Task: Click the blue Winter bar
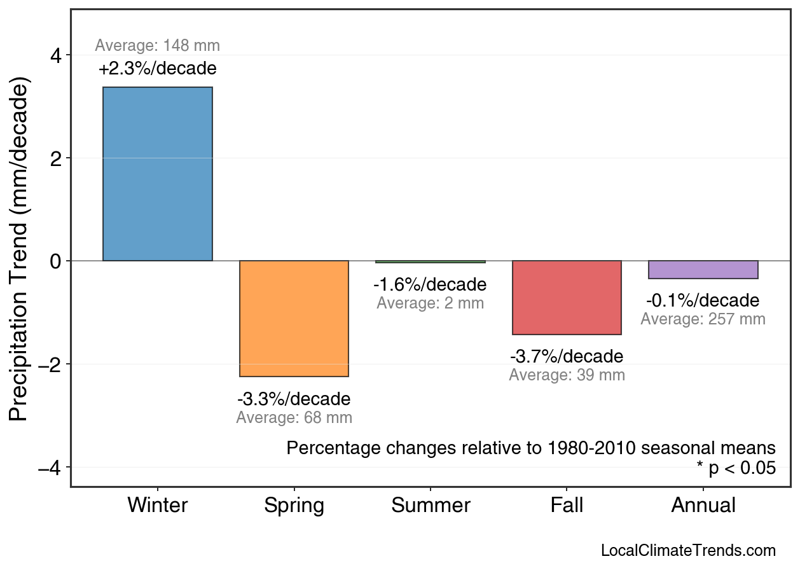157,174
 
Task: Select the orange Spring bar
294,319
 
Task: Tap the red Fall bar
567,298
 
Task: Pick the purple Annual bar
703,270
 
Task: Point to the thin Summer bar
431,261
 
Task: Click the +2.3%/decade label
157,69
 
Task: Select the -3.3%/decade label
294,399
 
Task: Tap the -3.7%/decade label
567,356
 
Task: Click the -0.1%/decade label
703,300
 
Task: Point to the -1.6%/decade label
431,284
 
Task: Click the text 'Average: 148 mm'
157,46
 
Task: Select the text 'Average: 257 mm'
703,319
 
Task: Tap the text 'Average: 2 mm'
431,303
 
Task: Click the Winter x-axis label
157,506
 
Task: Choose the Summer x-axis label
431,506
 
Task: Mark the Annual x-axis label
703,506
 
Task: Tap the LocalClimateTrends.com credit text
688,550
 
